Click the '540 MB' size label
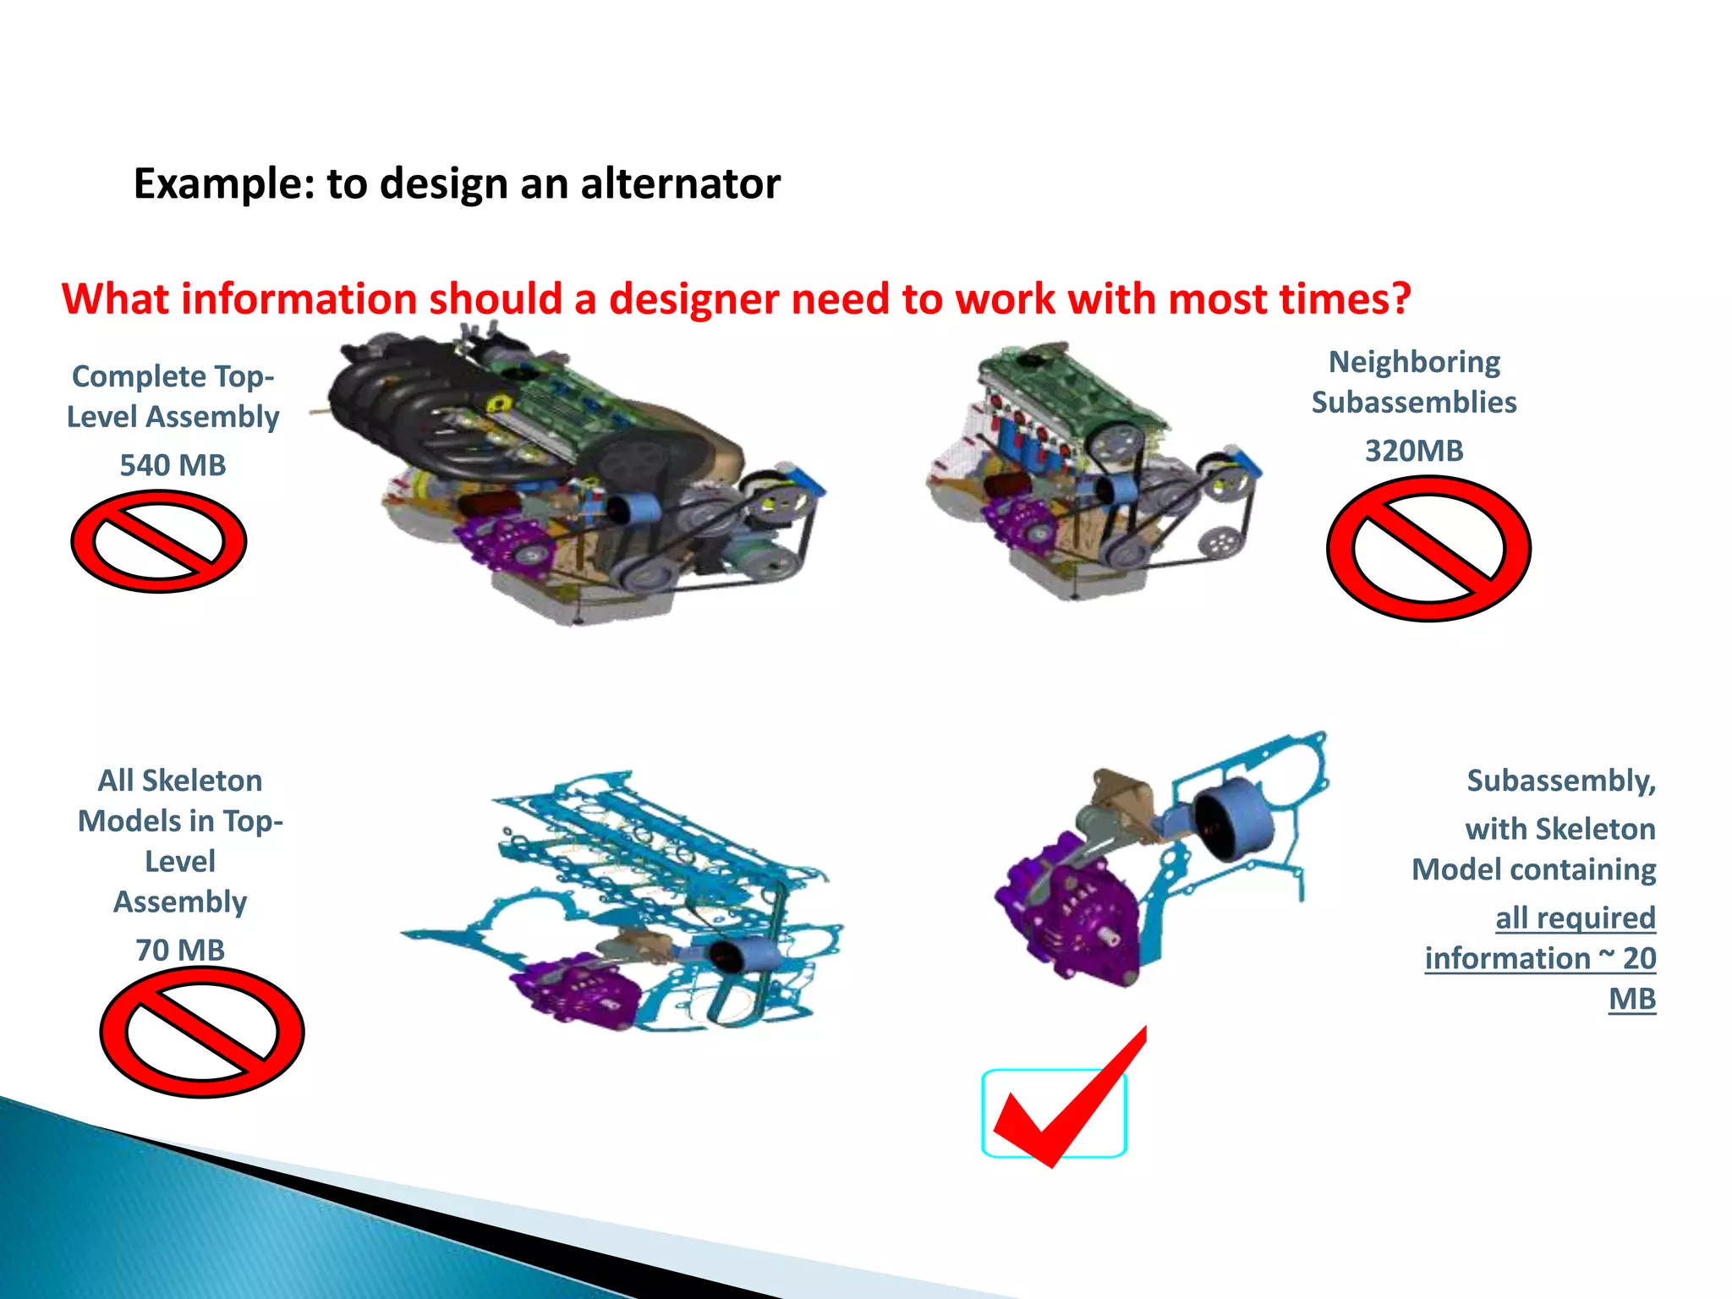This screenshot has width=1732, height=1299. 173,465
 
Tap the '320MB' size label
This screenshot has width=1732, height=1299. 1414,451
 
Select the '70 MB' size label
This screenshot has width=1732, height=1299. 180,950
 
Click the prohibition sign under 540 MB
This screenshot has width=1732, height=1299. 159,542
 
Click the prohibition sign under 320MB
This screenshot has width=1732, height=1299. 1428,549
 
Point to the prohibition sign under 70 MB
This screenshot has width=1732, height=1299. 202,1033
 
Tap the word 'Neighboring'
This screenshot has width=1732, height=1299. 1414,362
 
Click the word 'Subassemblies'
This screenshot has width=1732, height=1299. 1414,403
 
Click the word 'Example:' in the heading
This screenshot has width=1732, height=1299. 223,184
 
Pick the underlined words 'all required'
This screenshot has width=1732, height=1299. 1575,918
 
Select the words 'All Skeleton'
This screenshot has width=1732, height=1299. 180,781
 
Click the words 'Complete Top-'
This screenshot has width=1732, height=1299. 173,376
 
